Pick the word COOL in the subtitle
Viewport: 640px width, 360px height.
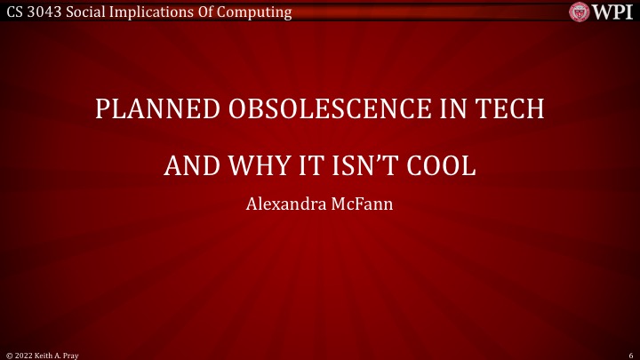(x=444, y=166)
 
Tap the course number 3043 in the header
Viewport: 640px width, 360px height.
(x=46, y=12)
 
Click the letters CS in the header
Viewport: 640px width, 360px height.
(x=14, y=12)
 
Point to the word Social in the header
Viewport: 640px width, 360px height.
(x=92, y=12)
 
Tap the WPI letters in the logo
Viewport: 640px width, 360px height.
(x=614, y=12)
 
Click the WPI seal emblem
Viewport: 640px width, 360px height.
(x=581, y=12)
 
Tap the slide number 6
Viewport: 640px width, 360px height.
(x=629, y=354)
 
